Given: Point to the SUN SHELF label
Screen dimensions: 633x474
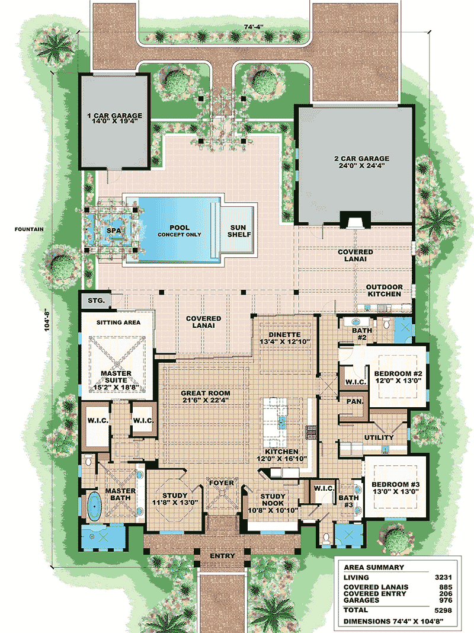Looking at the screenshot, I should tap(239, 231).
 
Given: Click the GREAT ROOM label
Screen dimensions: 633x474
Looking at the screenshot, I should tap(206, 394).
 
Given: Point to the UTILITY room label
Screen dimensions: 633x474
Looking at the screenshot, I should tap(379, 437).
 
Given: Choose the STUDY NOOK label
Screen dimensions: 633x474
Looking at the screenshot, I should tap(273, 501).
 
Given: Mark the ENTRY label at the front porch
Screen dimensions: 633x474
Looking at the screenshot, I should tap(222, 556).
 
